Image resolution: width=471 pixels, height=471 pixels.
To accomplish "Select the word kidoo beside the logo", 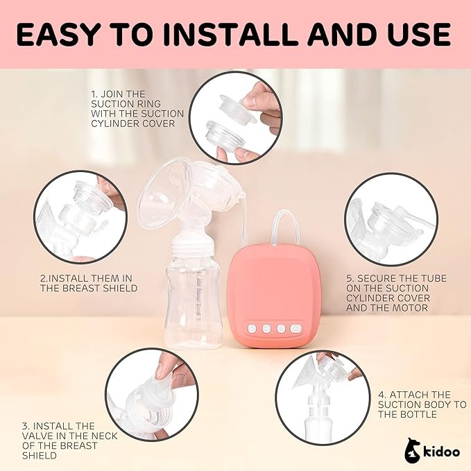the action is tap(442, 452).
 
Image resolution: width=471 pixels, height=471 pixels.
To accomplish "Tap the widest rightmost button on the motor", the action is tap(296, 329).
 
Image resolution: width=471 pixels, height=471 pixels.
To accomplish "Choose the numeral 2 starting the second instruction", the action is tap(43, 278).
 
